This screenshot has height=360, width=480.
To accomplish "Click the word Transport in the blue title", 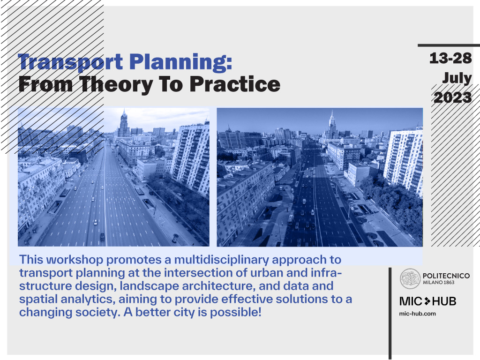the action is [71, 62].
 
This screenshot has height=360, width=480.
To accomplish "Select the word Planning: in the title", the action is [181, 62].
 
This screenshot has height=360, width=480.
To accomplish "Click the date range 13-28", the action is [450, 58].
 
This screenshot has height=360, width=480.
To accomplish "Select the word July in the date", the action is [457, 78].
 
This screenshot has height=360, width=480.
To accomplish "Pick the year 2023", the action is [453, 97].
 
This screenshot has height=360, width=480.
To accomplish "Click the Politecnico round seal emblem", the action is [410, 278].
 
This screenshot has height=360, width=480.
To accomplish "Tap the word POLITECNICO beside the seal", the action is [446, 276].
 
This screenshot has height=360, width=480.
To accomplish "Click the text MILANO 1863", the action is [438, 283].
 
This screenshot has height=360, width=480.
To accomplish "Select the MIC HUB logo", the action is [427, 301].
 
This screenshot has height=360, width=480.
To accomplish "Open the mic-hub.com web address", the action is [418, 314].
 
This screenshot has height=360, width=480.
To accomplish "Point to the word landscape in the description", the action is [149, 286].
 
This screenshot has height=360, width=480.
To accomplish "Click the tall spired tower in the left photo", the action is [124, 123].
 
